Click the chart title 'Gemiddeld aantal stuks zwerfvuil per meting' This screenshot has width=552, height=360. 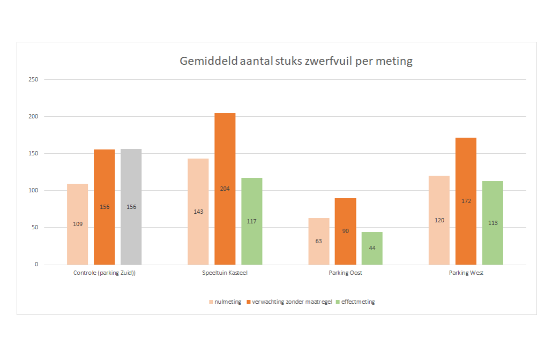click(x=296, y=61)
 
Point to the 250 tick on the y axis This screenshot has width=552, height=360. click(x=34, y=80)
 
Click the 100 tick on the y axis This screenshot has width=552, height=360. click(x=34, y=191)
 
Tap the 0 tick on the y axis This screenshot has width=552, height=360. click(x=36, y=265)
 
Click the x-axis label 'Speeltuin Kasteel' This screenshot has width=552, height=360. click(x=225, y=273)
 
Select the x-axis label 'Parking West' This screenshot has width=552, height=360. click(x=466, y=273)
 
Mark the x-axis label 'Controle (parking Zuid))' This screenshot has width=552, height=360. click(x=105, y=273)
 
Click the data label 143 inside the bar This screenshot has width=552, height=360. click(x=198, y=212)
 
